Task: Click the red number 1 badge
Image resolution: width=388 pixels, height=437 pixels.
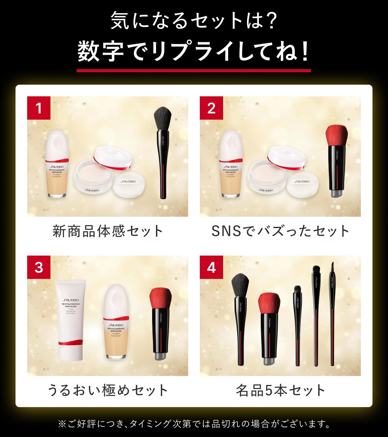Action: pyautogui.click(x=38, y=108)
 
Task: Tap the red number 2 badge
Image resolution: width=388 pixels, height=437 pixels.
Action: pyautogui.click(x=211, y=108)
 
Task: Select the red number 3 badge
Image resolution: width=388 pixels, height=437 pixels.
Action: pyautogui.click(x=38, y=267)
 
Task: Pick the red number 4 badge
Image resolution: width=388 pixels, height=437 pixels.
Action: pyautogui.click(x=211, y=267)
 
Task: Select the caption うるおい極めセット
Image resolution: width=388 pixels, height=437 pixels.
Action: pyautogui.click(x=108, y=390)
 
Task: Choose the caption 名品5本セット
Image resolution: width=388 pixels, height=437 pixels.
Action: pyautogui.click(x=281, y=390)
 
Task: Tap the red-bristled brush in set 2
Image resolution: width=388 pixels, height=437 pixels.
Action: pyautogui.click(x=336, y=159)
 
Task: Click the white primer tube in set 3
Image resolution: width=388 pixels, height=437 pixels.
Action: pyautogui.click(x=71, y=319)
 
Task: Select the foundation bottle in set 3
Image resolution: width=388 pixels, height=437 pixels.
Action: pyautogui.click(x=116, y=322)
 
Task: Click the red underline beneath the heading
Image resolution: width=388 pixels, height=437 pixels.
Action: pyautogui.click(x=194, y=71)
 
